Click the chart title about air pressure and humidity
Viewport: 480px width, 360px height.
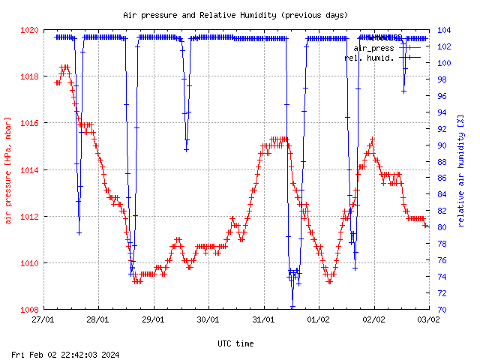click(235, 15)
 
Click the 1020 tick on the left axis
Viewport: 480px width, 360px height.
click(29, 30)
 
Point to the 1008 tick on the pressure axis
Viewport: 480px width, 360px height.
click(29, 310)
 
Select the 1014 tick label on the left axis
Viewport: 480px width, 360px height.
click(29, 170)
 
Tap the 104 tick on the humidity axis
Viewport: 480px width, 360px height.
click(443, 30)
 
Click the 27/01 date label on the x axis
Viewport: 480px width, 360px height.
click(43, 319)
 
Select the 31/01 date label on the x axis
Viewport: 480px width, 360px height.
click(263, 319)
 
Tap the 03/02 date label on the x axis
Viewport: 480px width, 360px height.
click(428, 319)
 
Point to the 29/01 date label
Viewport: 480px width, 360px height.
click(154, 319)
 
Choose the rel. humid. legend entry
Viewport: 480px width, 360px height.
click(369, 57)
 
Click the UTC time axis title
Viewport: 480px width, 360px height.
click(235, 343)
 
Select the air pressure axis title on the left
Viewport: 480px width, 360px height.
click(8, 170)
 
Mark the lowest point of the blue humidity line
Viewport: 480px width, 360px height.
click(292, 307)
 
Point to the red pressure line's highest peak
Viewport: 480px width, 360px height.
click(65, 67)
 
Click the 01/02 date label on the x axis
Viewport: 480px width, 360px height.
click(319, 319)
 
